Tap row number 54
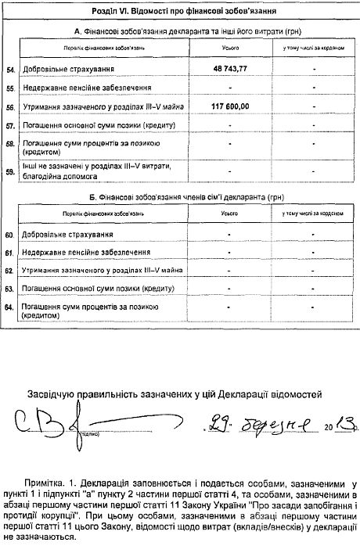click(x=10, y=70)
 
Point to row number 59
click(x=10, y=170)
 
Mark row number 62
click(x=10, y=271)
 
